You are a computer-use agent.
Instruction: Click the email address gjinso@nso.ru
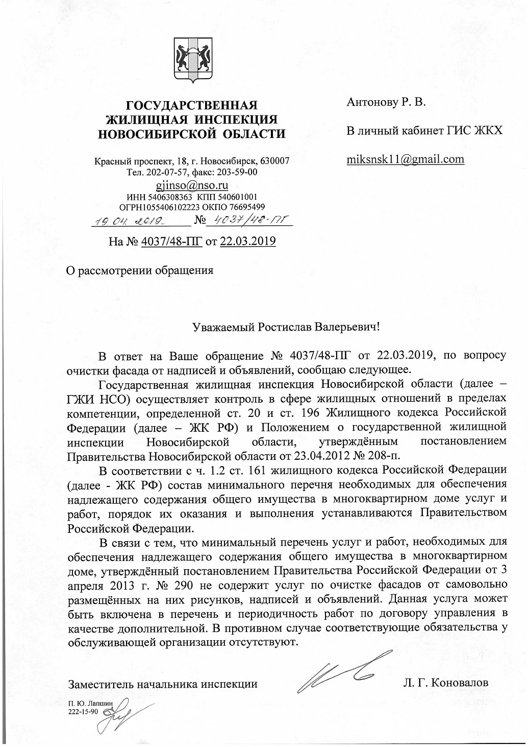click(x=192, y=185)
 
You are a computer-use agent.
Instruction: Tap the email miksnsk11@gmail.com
click(x=406, y=159)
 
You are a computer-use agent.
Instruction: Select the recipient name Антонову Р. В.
click(x=386, y=103)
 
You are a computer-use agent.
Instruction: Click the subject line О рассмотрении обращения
click(x=140, y=269)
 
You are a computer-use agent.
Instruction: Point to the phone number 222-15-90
click(x=83, y=712)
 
